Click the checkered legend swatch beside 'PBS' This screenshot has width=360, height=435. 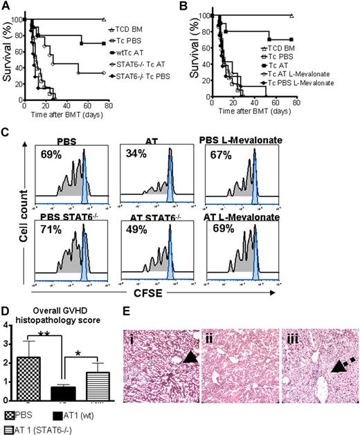point(11,416)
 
